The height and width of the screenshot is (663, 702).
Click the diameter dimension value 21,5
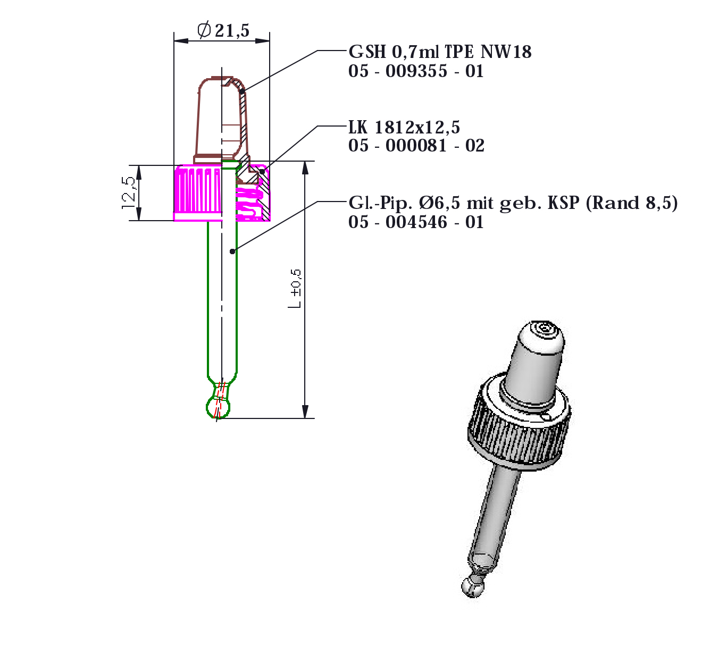click(232, 31)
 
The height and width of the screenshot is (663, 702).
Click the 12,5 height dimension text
click(129, 192)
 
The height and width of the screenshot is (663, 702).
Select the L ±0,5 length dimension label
click(295, 289)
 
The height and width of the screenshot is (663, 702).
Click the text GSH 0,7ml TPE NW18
click(440, 52)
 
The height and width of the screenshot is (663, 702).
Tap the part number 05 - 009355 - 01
click(416, 71)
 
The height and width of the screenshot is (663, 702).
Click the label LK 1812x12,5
click(404, 128)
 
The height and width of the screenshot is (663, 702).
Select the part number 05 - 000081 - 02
click(416, 146)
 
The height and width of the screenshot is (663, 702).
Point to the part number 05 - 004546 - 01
click(416, 222)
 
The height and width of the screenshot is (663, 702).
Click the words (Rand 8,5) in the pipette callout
click(632, 203)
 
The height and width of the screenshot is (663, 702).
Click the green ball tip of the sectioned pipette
click(218, 408)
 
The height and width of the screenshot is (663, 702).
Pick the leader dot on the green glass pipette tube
click(232, 251)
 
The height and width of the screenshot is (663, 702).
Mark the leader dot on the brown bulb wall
click(242, 91)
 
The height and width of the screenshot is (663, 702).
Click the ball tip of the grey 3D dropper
click(472, 586)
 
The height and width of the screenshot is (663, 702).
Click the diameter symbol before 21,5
click(204, 30)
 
